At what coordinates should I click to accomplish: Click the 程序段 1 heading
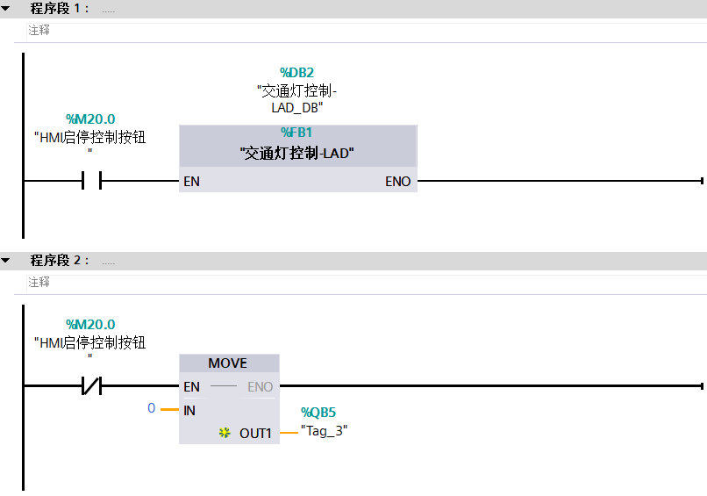(x=59, y=9)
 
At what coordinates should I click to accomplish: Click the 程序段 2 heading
(x=59, y=261)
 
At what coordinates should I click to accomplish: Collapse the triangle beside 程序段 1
(x=6, y=9)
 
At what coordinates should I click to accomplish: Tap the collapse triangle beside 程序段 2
(x=6, y=261)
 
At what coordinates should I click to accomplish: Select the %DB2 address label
(x=296, y=72)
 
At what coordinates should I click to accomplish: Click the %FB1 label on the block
(x=296, y=133)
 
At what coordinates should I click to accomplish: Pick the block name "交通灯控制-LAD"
(x=296, y=153)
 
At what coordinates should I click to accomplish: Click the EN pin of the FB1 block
(x=191, y=182)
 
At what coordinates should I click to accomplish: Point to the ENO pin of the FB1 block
(x=397, y=182)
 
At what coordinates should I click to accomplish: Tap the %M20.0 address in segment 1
(x=90, y=119)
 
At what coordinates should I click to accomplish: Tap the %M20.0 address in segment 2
(x=90, y=325)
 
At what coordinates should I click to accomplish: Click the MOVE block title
(x=228, y=363)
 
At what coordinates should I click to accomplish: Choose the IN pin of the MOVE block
(x=189, y=410)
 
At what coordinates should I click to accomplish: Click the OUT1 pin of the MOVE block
(x=255, y=433)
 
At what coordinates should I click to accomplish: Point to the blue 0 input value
(x=151, y=409)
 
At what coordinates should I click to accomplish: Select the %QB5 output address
(x=318, y=413)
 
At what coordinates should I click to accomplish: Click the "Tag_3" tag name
(x=324, y=430)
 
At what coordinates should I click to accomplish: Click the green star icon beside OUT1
(x=225, y=433)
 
